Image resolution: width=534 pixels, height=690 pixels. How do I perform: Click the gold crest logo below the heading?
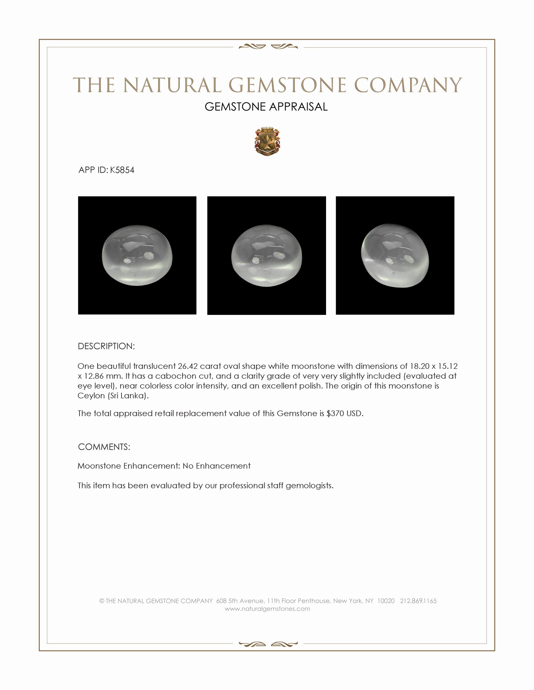tap(267, 142)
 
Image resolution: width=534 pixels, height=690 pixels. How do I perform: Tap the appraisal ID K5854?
tap(122, 170)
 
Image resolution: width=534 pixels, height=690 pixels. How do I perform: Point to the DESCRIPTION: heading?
tap(106, 346)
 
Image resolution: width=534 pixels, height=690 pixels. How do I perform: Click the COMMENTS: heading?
tap(104, 447)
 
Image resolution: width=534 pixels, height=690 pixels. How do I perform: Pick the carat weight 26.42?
tap(188, 366)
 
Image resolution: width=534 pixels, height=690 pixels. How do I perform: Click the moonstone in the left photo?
tap(137, 255)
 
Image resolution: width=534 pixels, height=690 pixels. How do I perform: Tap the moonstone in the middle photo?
tap(266, 255)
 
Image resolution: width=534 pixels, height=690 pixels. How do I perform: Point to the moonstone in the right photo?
tap(395, 255)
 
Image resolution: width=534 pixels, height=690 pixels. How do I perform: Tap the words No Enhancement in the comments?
tap(216, 466)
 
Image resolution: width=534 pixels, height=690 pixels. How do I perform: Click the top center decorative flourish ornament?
tap(268, 47)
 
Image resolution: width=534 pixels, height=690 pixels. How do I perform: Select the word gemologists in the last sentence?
tap(309, 486)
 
